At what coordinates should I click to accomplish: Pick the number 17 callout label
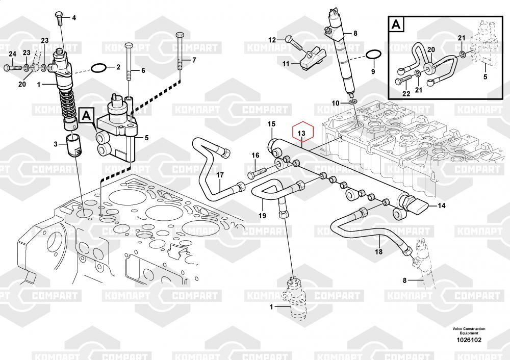pos(220,175)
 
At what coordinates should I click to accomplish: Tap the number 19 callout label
pos(262,215)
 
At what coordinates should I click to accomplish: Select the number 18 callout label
pos(378,251)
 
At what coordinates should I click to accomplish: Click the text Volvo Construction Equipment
pos(468,330)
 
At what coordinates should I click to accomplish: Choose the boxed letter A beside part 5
pos(86,116)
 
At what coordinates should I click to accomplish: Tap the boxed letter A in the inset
pos(396,24)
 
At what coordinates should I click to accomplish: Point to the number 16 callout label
pos(255,155)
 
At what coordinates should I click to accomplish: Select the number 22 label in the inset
pos(405,93)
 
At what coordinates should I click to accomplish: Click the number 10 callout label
pos(336,103)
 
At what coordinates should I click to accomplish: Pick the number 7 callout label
pos(194,60)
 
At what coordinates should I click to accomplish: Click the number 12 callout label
pos(272,39)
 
